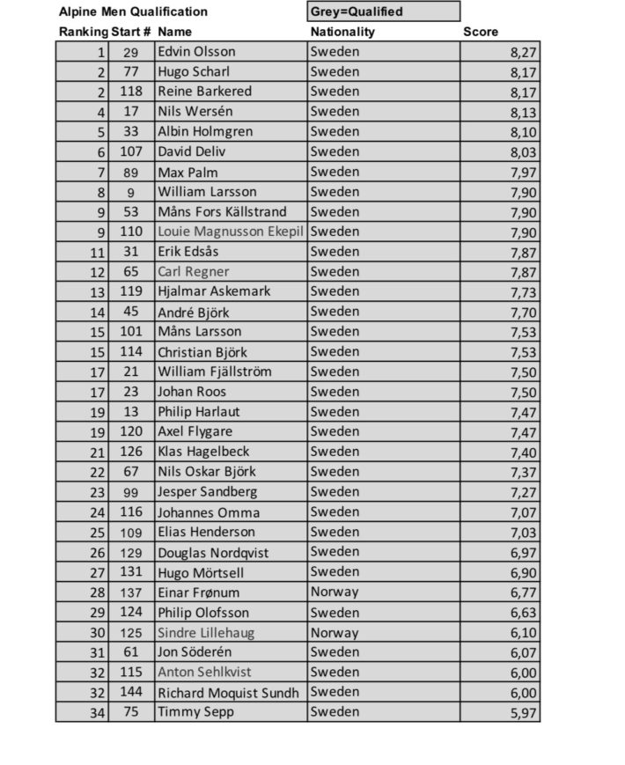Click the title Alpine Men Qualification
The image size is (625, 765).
point(133,12)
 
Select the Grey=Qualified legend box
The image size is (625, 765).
point(383,11)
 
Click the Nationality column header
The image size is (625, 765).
point(343,32)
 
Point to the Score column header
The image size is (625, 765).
point(481,32)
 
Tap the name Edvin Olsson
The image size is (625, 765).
point(196,52)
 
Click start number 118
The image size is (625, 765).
point(130,92)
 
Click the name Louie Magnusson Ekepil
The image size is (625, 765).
point(232,232)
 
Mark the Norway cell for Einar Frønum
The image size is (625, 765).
point(335,592)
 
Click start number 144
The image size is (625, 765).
point(130,692)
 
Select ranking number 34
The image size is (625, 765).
point(95,712)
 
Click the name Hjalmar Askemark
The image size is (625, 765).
point(214,291)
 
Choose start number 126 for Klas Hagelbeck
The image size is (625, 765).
point(130,452)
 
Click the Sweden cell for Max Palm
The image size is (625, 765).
point(335,172)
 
